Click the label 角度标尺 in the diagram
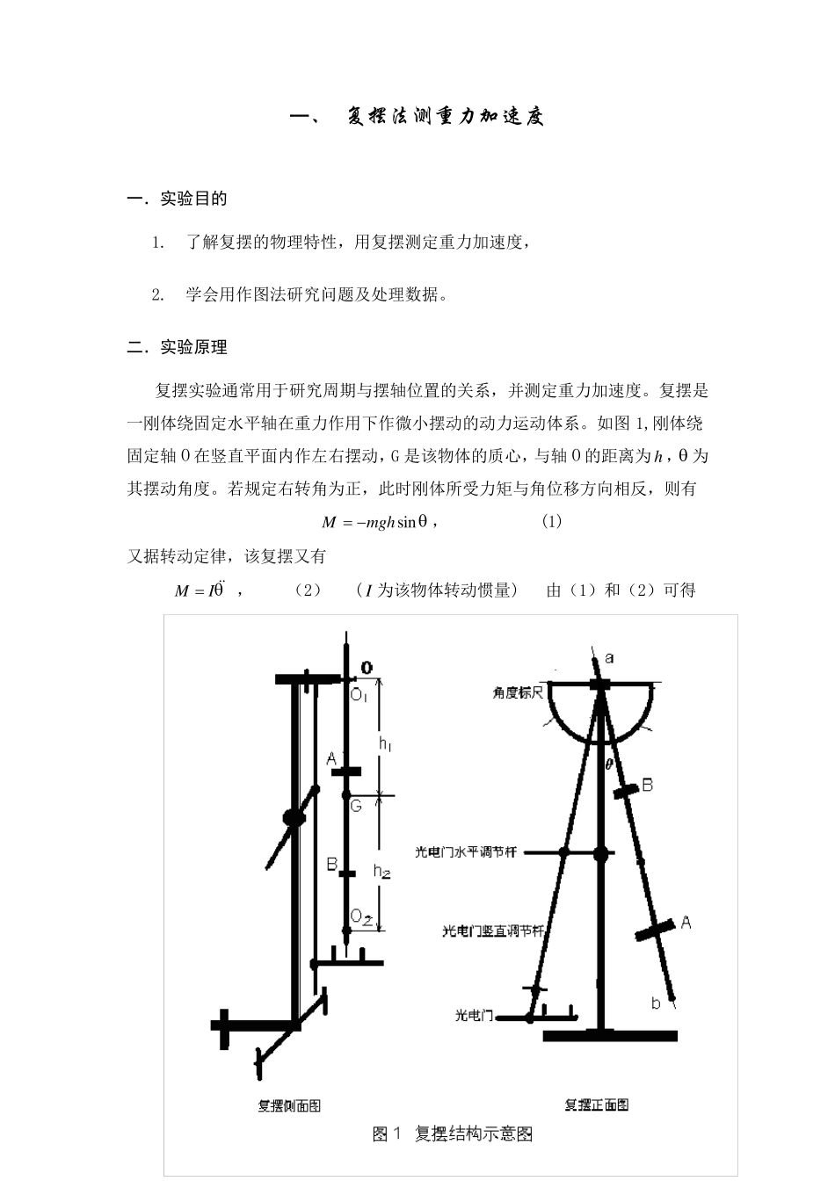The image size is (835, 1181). click(519, 692)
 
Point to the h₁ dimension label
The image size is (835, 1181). click(385, 743)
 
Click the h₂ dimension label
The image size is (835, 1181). click(381, 871)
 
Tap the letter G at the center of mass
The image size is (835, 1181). click(357, 806)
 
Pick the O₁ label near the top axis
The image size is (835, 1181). click(359, 695)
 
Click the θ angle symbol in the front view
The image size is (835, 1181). click(608, 764)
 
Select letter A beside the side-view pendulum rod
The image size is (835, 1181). click(331, 758)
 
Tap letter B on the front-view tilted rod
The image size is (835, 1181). click(647, 785)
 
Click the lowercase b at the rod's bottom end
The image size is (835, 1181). click(656, 1003)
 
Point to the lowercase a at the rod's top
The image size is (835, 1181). click(610, 657)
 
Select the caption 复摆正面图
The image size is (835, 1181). click(596, 1105)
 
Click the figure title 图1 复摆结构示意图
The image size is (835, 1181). click(453, 1134)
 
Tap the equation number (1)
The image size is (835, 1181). click(551, 521)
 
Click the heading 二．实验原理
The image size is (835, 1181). click(178, 347)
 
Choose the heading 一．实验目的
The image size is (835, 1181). click(178, 199)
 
